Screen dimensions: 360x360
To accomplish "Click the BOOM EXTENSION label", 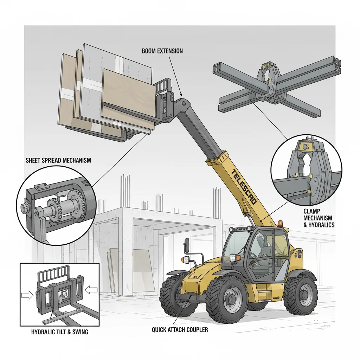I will (162, 51).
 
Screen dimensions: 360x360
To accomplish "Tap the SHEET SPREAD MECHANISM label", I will (58, 160).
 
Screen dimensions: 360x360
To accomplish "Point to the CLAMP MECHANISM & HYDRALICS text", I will (319, 218).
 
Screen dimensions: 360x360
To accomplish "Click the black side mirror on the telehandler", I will (186, 243).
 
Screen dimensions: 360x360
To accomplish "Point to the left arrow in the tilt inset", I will (27, 295).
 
